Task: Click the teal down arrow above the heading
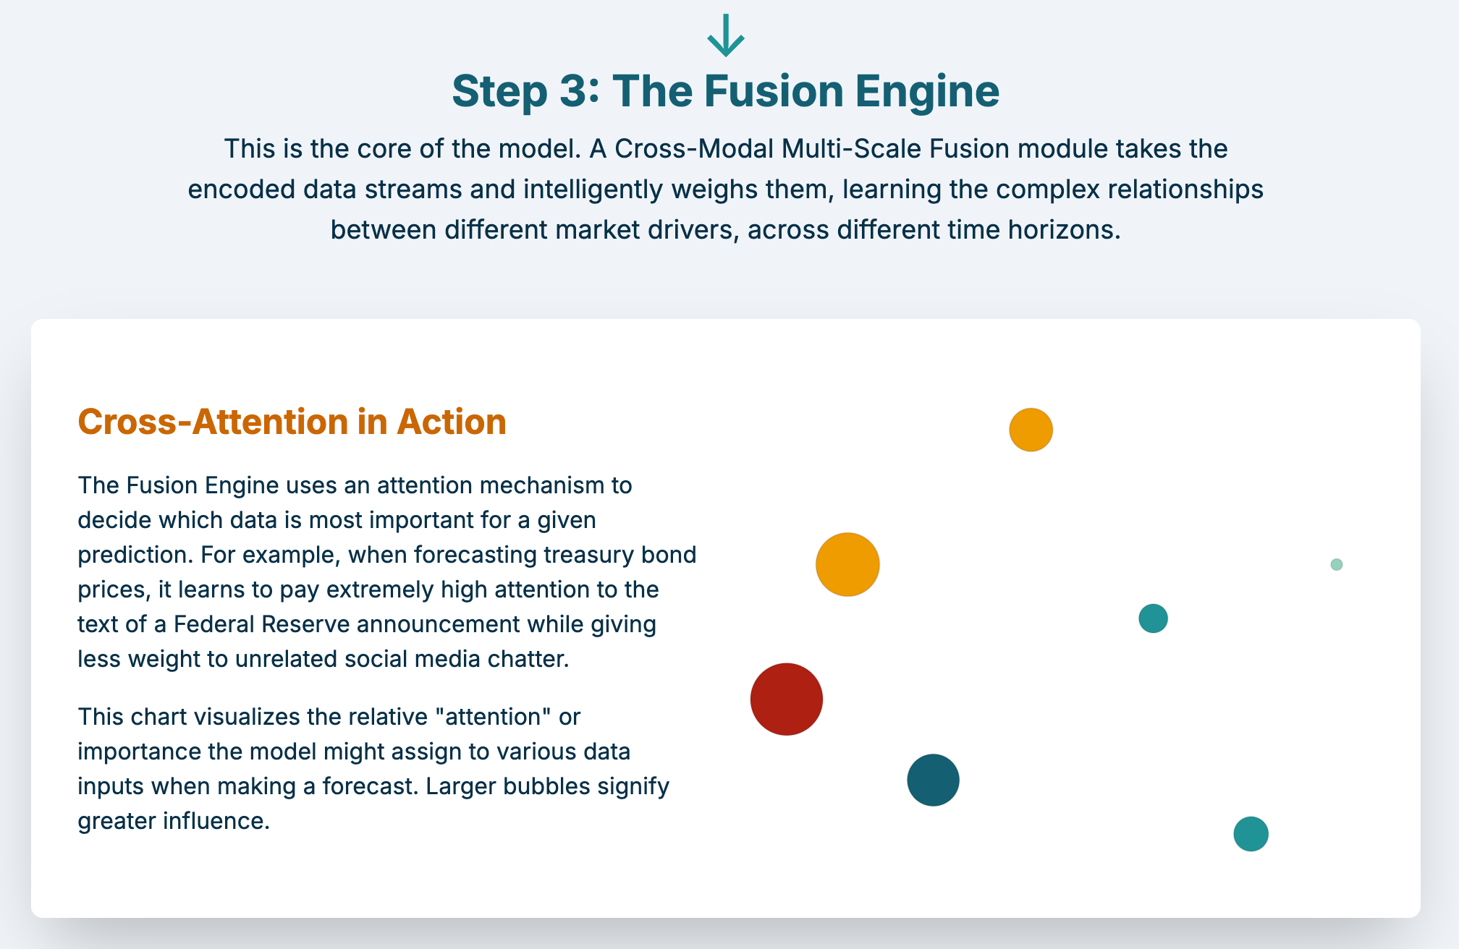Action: (x=726, y=35)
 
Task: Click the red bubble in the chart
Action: (x=786, y=699)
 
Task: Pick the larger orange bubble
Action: (x=847, y=564)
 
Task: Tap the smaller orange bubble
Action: (x=1031, y=430)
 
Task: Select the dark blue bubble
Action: (x=933, y=780)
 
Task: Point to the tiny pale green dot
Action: (x=1337, y=564)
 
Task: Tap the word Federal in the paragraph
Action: (x=213, y=624)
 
